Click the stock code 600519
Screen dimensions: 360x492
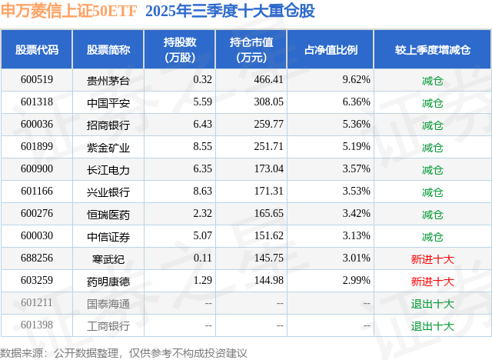[x=36, y=80]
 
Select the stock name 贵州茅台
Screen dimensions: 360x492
[x=108, y=80]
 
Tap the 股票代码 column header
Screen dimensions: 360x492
[x=36, y=50]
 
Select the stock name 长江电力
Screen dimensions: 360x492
[x=108, y=169]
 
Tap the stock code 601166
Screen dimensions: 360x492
[x=36, y=192]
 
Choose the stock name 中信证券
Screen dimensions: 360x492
[x=108, y=236]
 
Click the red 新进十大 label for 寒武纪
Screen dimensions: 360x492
[x=432, y=259]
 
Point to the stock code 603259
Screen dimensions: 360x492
[x=36, y=282]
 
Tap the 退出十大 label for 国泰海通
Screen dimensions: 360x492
[x=432, y=304]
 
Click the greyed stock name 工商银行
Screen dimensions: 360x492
[x=108, y=326]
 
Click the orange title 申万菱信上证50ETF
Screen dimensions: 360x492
[x=68, y=12]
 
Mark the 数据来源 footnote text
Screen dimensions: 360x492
[x=124, y=352]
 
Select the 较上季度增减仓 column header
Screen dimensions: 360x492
[x=432, y=50]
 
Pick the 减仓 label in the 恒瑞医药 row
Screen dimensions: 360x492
[x=432, y=214]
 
